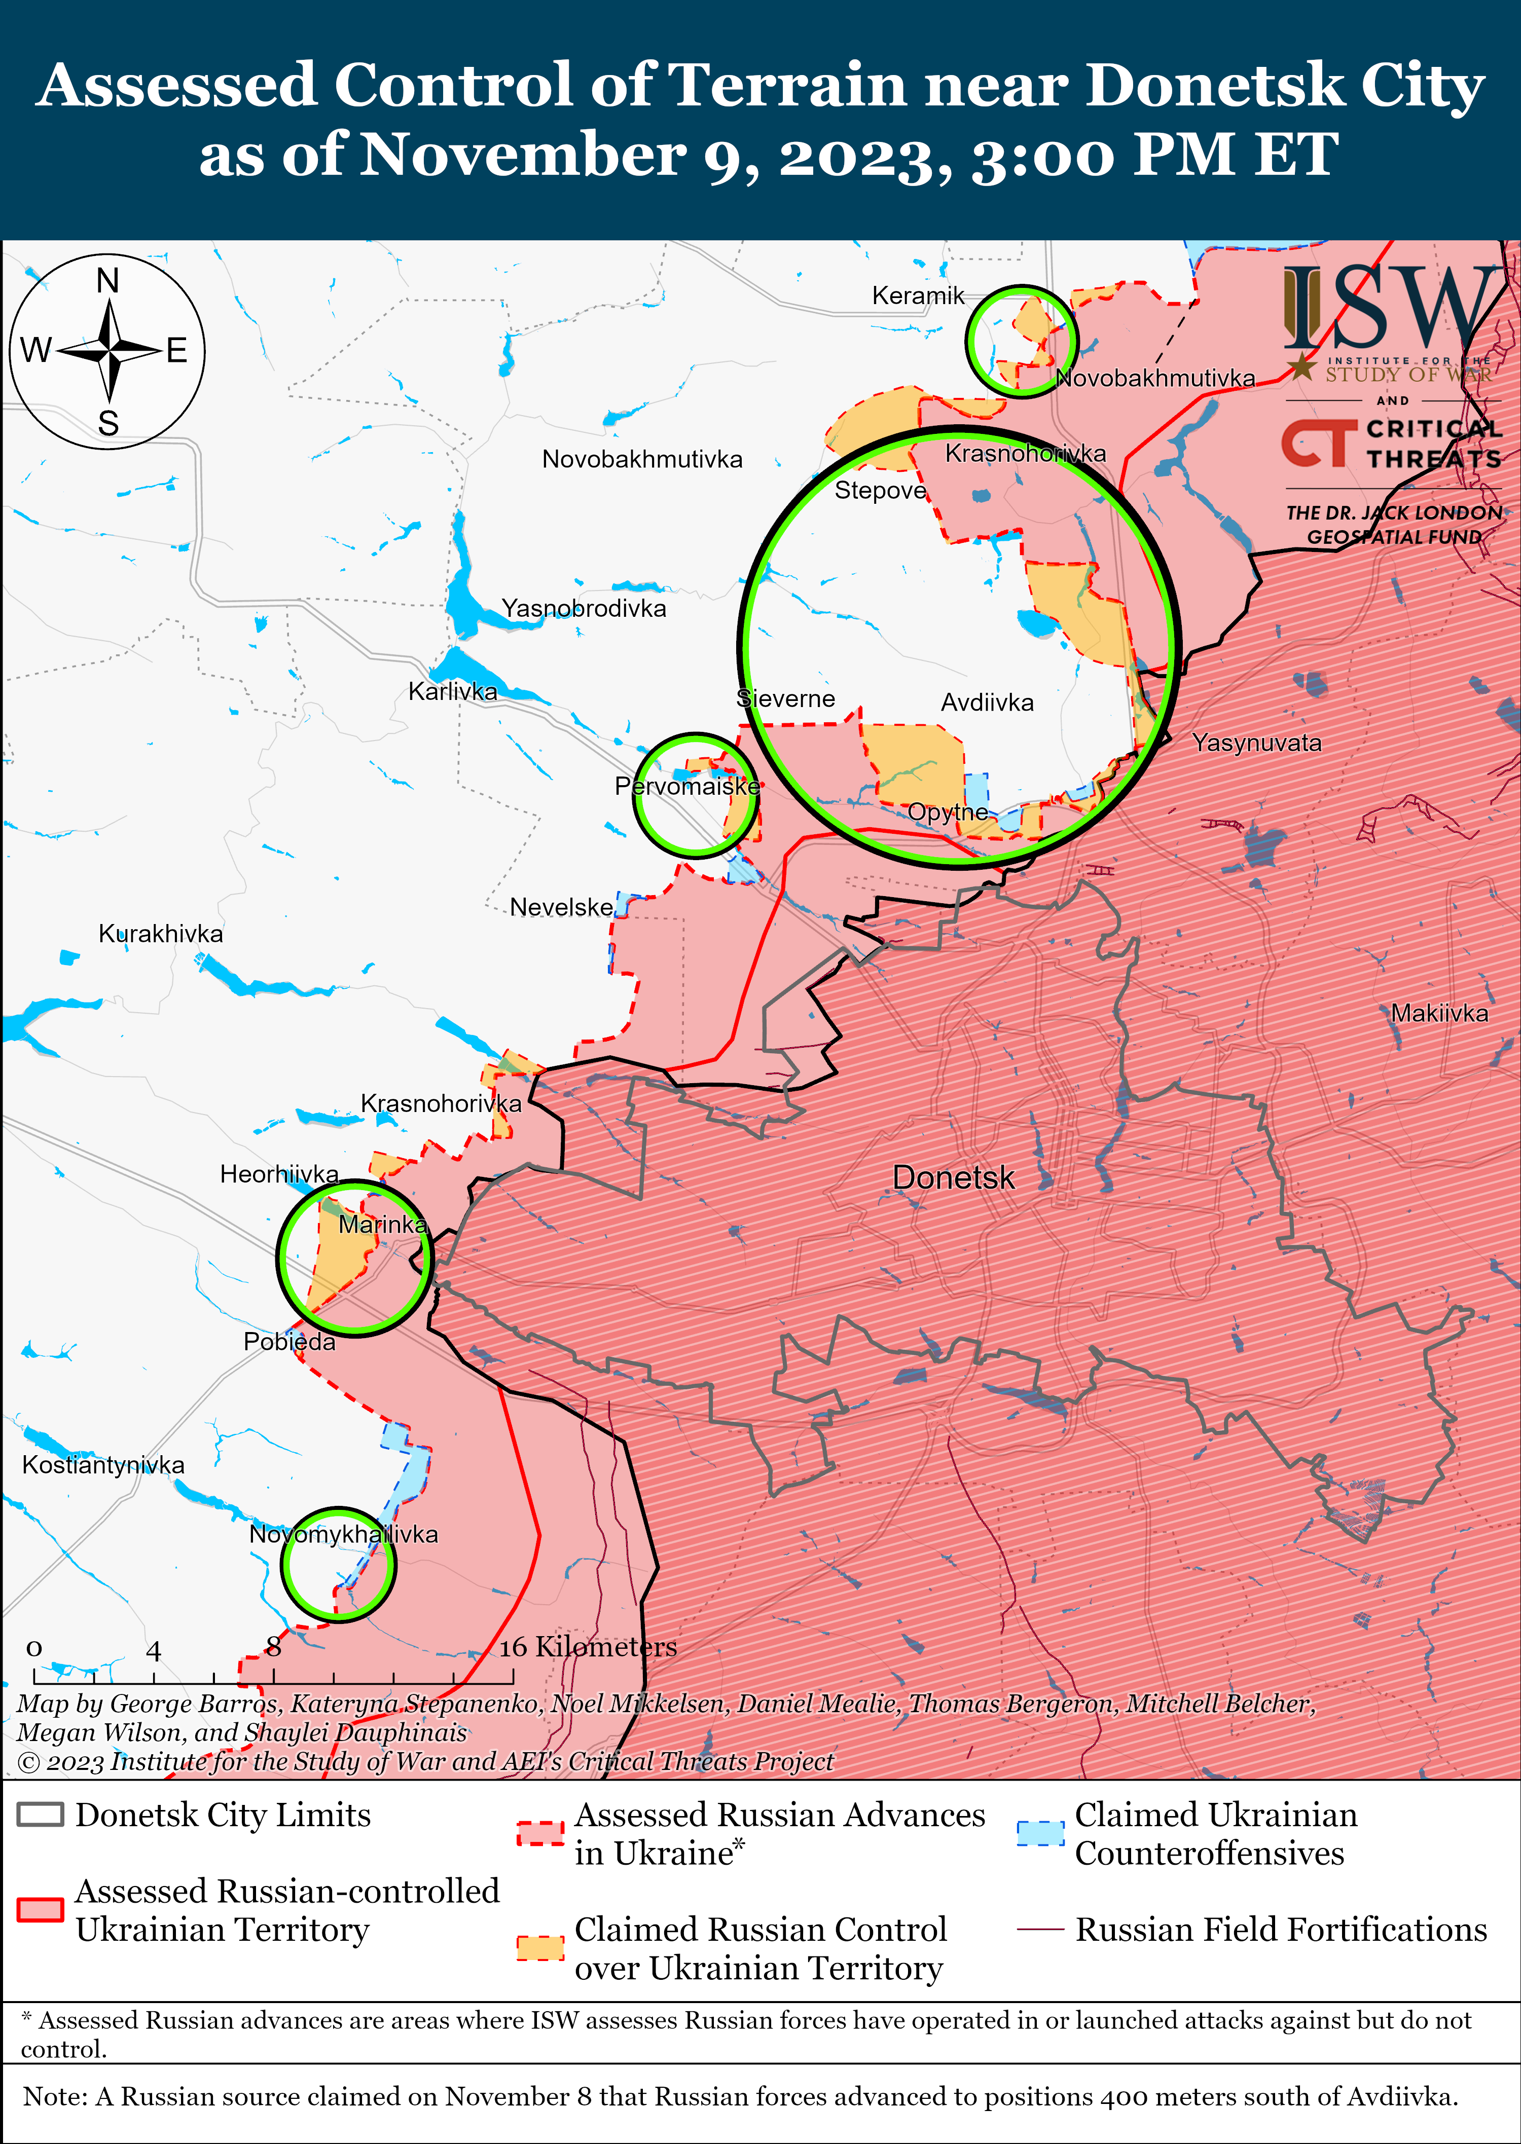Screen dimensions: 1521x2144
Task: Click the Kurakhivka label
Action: click(x=161, y=934)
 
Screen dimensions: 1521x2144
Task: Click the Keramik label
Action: click(x=918, y=296)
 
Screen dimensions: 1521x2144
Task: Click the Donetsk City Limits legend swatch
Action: click(x=40, y=1815)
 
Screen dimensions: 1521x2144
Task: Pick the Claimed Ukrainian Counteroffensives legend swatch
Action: click(x=1040, y=1833)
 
